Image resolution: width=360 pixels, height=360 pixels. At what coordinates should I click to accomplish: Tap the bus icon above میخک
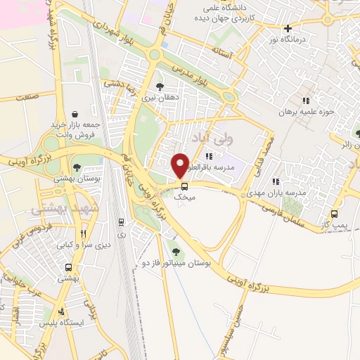[184, 186]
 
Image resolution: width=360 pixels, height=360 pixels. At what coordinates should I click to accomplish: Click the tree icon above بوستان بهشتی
[76, 167]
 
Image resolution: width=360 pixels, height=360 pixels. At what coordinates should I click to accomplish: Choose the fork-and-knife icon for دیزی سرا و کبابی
[83, 233]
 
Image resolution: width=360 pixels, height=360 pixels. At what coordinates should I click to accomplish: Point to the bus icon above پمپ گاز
[334, 214]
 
